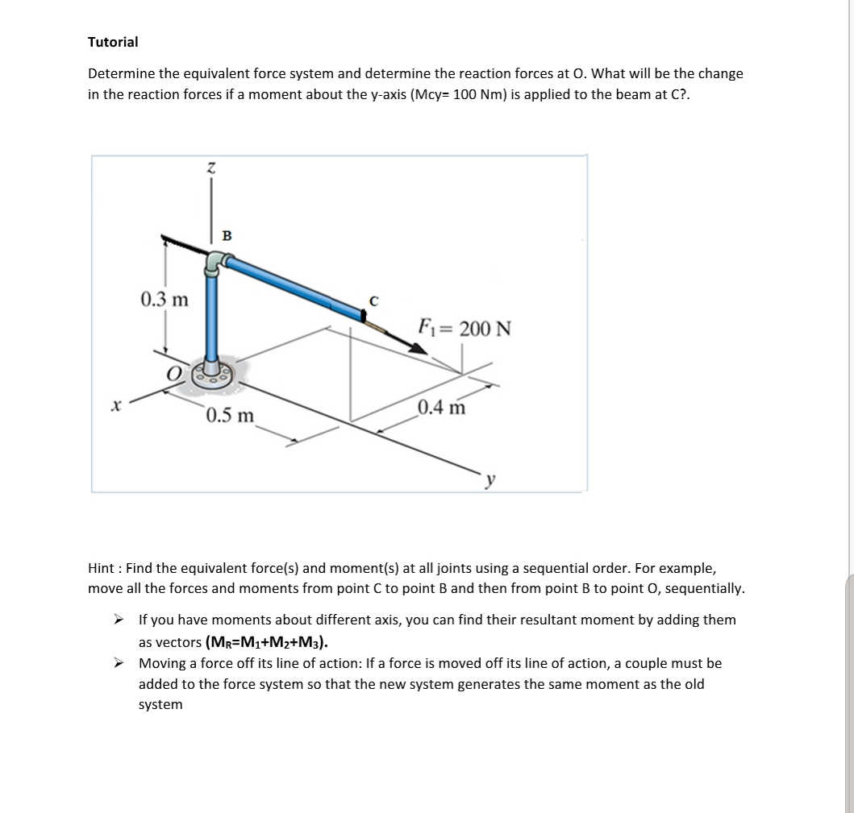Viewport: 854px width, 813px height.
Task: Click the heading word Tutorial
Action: tap(113, 42)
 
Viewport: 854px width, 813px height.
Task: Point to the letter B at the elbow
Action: tap(227, 235)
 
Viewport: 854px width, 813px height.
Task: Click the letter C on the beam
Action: tap(373, 302)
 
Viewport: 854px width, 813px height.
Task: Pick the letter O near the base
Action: tap(173, 373)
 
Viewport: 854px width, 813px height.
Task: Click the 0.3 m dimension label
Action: tap(165, 300)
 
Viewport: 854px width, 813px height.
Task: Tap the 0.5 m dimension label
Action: tap(229, 416)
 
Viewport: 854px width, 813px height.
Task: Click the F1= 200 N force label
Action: tap(464, 329)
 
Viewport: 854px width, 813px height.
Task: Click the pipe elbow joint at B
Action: tap(215, 263)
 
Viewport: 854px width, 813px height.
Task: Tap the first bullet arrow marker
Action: tap(119, 620)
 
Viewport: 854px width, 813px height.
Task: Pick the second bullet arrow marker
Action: tap(119, 664)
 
